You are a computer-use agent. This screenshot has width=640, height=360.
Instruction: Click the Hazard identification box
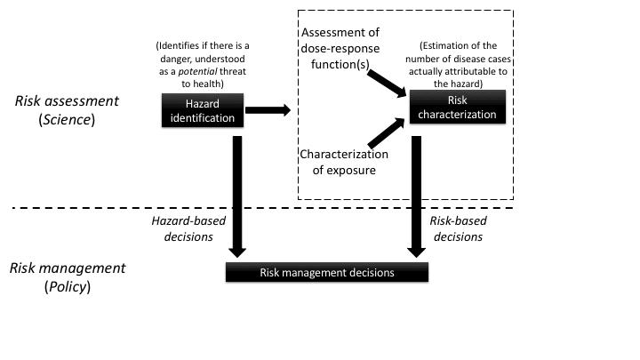pos(200,110)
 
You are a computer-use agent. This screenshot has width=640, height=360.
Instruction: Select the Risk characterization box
pos(458,109)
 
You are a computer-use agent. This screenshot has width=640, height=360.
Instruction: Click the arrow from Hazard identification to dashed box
pos(267,110)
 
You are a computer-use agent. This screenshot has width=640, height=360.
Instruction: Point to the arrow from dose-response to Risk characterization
pos(387,85)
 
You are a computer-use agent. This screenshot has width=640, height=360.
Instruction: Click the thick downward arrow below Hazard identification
pos(237,191)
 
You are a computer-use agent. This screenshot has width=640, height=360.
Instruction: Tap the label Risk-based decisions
pos(458,228)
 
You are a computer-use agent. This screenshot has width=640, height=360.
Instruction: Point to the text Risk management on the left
pos(68,268)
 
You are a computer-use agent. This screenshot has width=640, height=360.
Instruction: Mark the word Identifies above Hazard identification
pos(180,44)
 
